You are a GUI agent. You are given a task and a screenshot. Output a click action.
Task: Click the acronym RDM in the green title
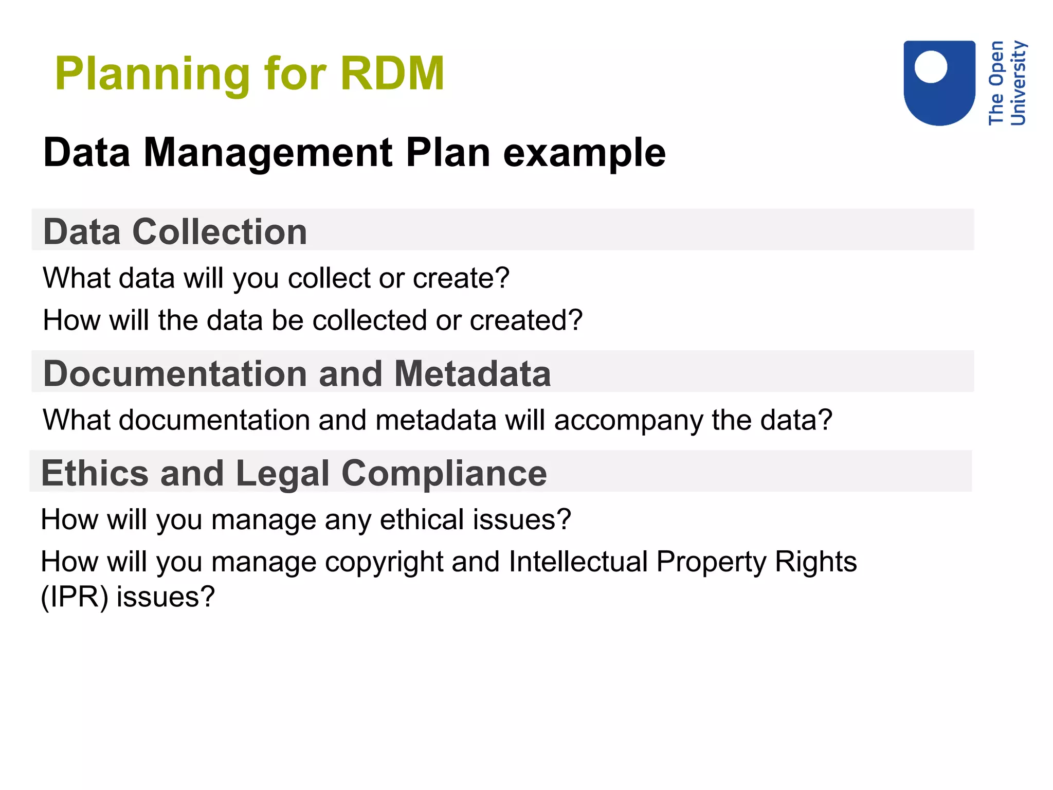coord(392,74)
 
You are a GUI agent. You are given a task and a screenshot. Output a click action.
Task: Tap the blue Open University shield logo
coord(939,83)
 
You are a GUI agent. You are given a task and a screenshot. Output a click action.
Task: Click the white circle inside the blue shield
coord(931,67)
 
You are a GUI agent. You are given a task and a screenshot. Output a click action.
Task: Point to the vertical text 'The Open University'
coord(1007,83)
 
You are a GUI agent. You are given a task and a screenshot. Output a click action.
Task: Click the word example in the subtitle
coord(584,153)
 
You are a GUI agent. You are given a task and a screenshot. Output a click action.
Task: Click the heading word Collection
coord(220,231)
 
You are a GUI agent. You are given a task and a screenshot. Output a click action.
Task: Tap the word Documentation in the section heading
coord(174,373)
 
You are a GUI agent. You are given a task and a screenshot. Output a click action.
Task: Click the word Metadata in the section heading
coord(473,373)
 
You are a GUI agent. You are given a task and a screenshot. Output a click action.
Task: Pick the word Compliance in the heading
coord(444,473)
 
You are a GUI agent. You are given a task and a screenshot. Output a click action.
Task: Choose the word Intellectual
coord(578,561)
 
